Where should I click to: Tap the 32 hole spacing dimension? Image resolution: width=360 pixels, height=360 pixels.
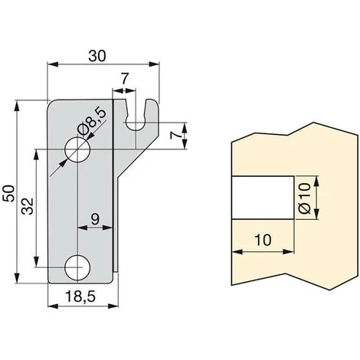26,207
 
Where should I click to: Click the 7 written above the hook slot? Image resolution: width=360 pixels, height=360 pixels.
123,79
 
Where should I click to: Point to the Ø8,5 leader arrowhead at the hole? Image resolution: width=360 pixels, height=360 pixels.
87,141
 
